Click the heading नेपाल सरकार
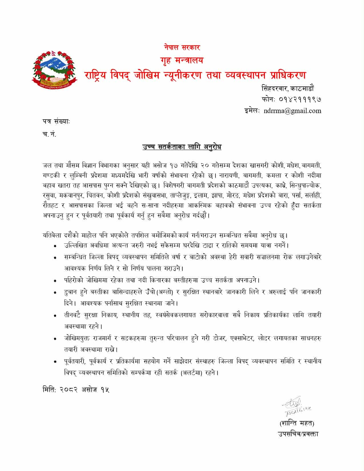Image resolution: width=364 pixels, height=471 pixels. click(x=182, y=47)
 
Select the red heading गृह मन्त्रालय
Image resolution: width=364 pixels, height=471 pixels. click(x=182, y=60)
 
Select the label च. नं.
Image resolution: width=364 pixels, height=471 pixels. click(x=49, y=134)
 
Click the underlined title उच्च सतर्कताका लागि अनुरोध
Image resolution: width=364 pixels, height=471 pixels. click(x=182, y=147)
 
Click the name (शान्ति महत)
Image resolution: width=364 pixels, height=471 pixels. click(x=297, y=423)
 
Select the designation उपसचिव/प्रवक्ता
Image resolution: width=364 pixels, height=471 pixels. click(x=298, y=434)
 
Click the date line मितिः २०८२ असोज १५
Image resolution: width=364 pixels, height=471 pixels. click(x=76, y=389)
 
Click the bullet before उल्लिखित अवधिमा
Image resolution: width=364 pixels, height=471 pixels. click(x=55, y=246)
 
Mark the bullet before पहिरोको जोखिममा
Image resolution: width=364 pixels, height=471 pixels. click(x=55, y=281)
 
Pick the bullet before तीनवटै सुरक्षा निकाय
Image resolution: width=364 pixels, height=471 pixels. click(x=55, y=316)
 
